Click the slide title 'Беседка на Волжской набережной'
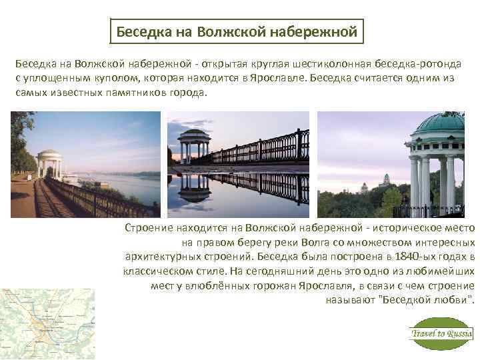(237, 31)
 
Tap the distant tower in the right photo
(387, 181)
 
